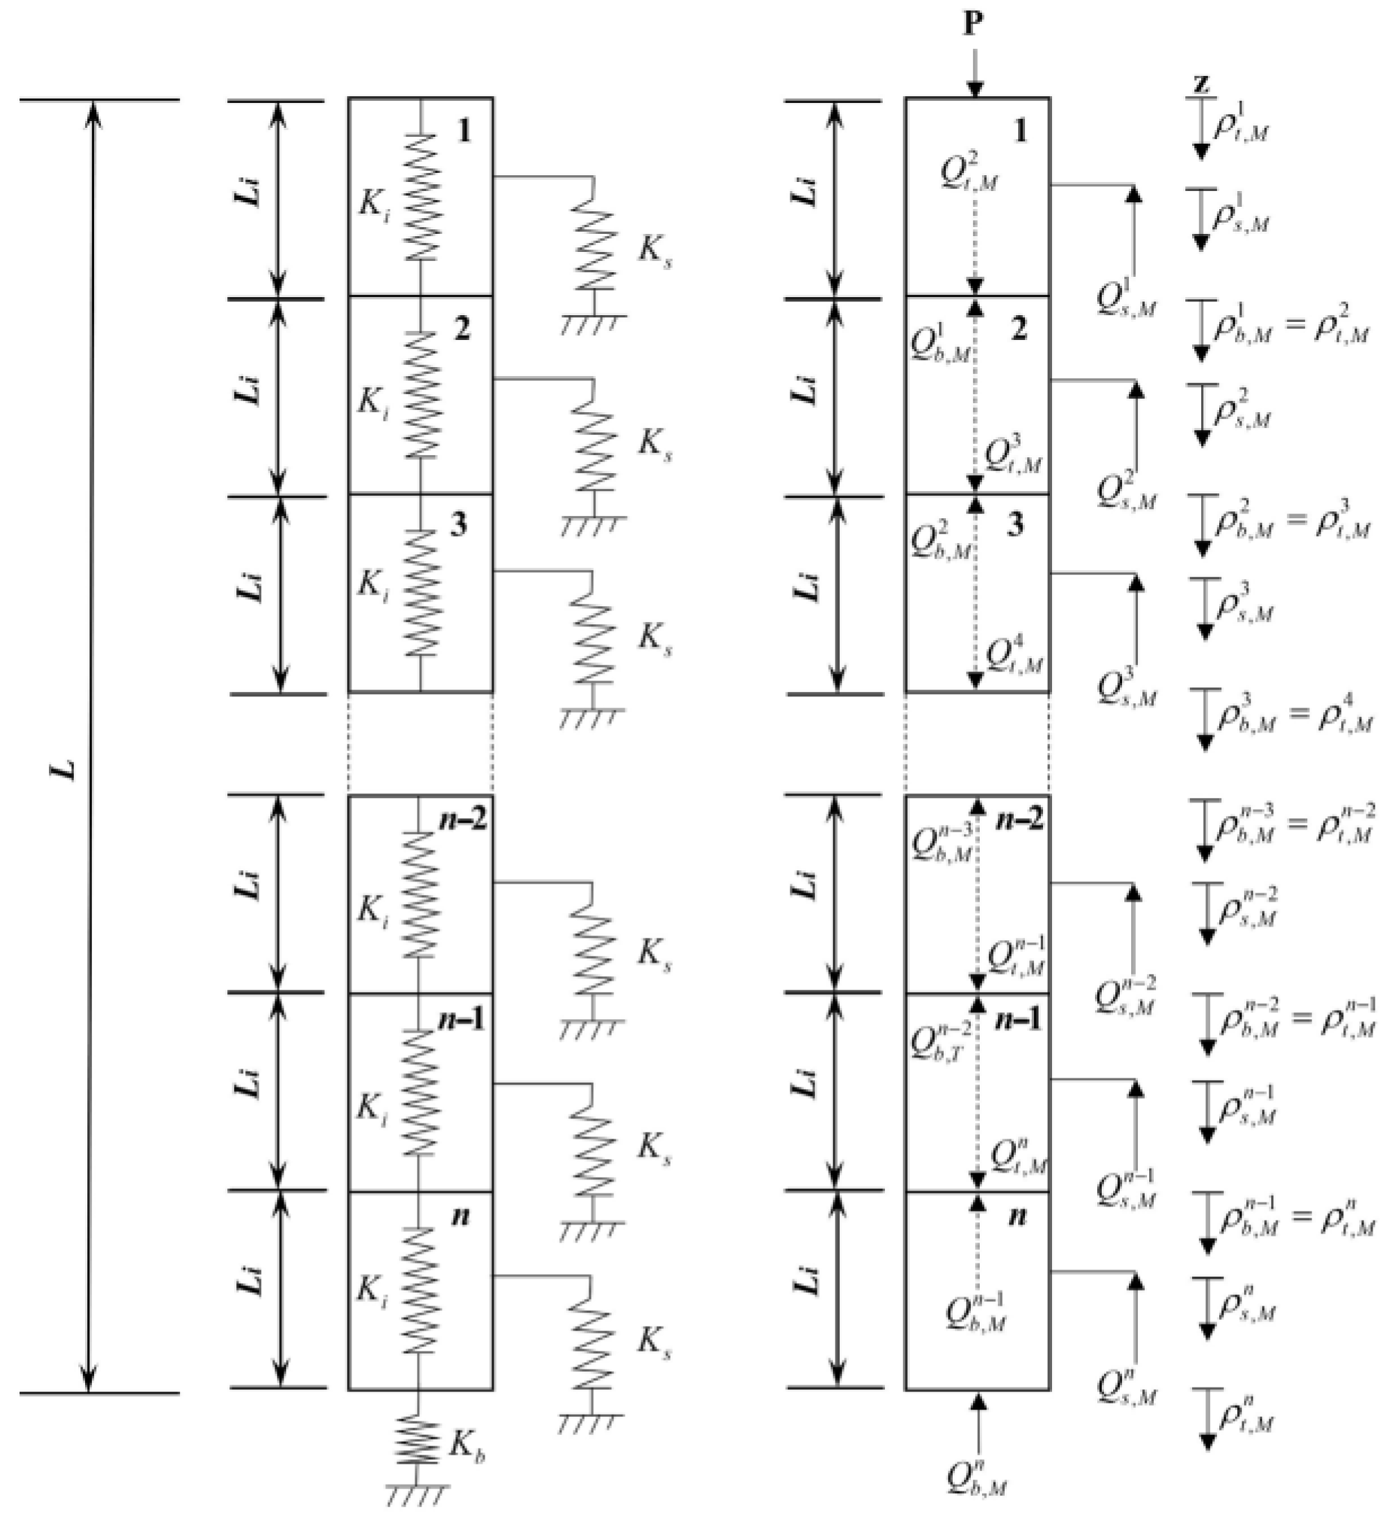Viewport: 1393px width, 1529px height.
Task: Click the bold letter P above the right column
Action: point(973,24)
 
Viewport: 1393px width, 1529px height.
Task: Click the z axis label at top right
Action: point(1200,83)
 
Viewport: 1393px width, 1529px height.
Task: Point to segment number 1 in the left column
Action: point(464,131)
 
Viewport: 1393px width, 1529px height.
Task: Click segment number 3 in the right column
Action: point(1016,526)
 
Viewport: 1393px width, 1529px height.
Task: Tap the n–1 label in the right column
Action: point(1019,1020)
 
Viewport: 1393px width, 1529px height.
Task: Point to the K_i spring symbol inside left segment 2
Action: point(420,393)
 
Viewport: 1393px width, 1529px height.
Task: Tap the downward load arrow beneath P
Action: point(974,72)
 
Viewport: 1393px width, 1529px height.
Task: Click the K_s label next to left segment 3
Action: point(654,639)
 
